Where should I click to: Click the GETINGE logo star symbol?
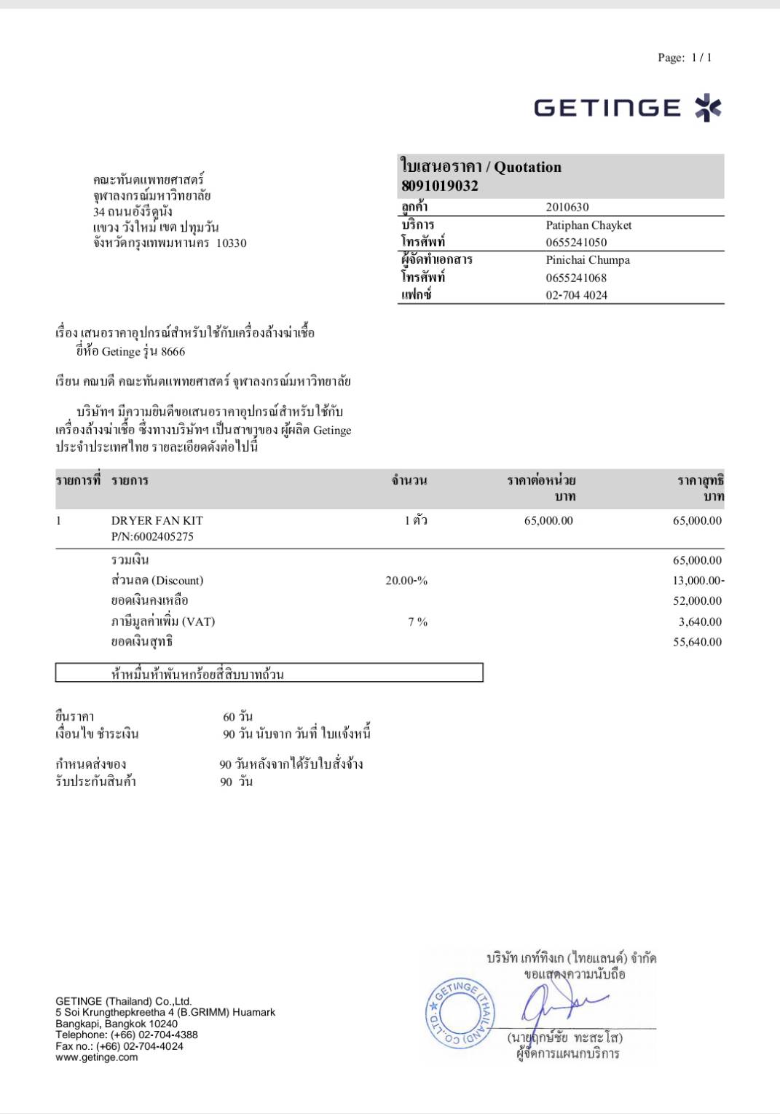click(707, 108)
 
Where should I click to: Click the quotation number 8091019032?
click(440, 186)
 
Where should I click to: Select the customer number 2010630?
click(567, 207)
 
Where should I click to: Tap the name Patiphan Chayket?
click(588, 225)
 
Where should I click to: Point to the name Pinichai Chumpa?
click(588, 260)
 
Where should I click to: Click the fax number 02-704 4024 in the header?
click(576, 295)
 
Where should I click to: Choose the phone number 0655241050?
click(576, 243)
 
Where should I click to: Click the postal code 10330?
click(231, 243)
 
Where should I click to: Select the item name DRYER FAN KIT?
click(157, 520)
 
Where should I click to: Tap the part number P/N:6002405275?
click(152, 536)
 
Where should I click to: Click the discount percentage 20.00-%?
click(406, 581)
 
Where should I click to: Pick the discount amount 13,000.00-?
click(698, 581)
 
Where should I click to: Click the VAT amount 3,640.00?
click(700, 621)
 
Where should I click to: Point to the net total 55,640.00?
click(697, 642)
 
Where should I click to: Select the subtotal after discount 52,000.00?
click(697, 601)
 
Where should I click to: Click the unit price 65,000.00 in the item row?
click(548, 520)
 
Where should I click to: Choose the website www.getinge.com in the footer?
click(96, 1057)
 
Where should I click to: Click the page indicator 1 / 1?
click(701, 58)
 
